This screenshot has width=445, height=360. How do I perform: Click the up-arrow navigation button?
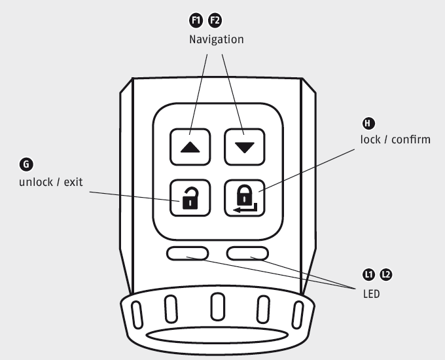coord(190,147)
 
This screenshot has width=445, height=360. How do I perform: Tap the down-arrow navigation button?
coord(243,147)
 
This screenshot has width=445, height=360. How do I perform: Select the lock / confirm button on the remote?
coord(243,197)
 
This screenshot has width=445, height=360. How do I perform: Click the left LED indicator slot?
coord(188,253)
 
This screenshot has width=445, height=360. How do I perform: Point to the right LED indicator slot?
coord(247,253)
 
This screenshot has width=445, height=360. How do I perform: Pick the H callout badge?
coord(369,122)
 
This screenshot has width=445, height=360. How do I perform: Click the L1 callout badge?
coord(369,274)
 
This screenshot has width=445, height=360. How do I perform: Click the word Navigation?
coord(216,40)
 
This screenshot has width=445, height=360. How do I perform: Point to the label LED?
coord(371,294)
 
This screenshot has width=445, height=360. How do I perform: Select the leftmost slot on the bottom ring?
coord(137,314)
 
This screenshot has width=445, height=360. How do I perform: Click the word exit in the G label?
coord(73,181)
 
